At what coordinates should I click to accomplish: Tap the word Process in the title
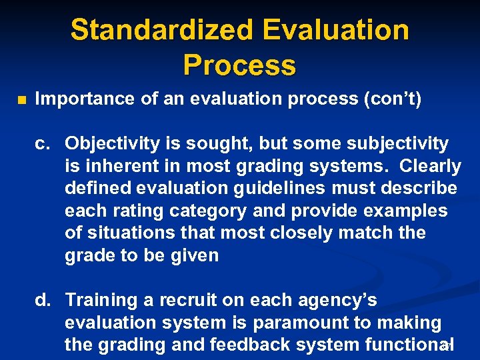[x=239, y=65]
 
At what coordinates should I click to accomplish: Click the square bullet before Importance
[x=21, y=101]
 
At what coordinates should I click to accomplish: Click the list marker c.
[x=43, y=143]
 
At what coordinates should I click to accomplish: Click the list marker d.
[x=43, y=301]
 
